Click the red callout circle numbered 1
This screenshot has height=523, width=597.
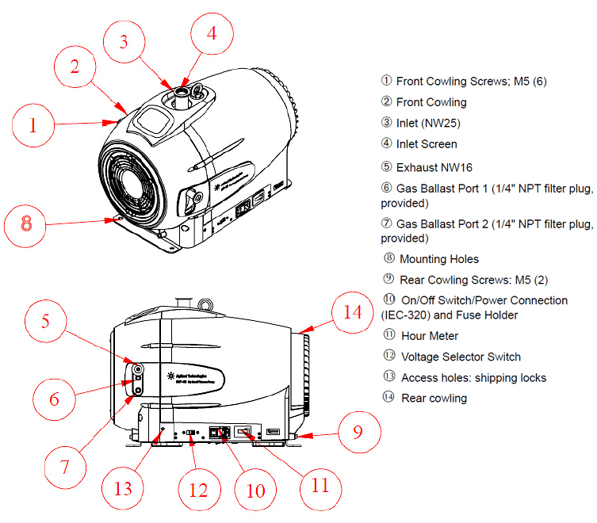pyautogui.click(x=33, y=124)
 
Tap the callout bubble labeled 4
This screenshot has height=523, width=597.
pyautogui.click(x=211, y=32)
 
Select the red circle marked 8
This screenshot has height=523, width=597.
pyautogui.click(x=26, y=223)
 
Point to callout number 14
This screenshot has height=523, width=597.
pyautogui.click(x=352, y=312)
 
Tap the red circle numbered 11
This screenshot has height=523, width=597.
pyautogui.click(x=319, y=484)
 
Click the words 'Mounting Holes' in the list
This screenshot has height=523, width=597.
pyautogui.click(x=439, y=258)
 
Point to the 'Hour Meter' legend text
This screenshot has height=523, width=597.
pyautogui.click(x=430, y=336)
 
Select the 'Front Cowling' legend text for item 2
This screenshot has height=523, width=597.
pyautogui.click(x=431, y=102)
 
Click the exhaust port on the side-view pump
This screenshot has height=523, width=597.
pyautogui.click(x=137, y=369)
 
